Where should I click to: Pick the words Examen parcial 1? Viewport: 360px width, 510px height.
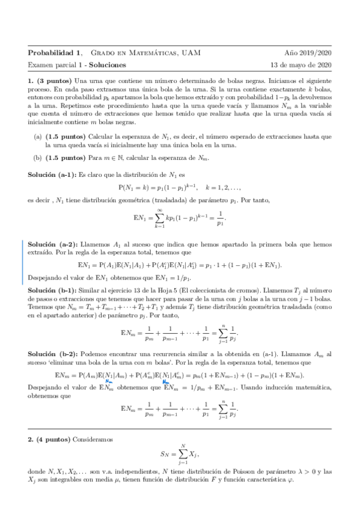(x=54, y=64)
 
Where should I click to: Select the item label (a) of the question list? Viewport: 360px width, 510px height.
(x=37, y=137)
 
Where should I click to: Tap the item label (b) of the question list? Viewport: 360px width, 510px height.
(x=37, y=159)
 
